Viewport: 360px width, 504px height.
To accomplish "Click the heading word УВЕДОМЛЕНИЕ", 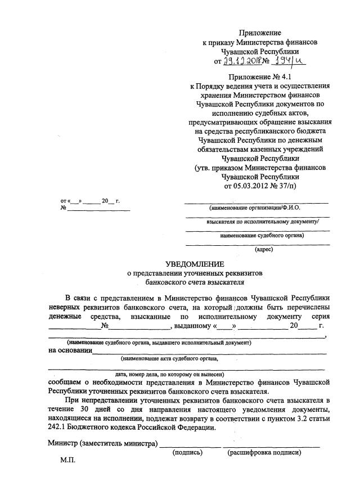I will click(194, 264).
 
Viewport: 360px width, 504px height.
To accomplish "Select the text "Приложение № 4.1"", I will click(259, 76).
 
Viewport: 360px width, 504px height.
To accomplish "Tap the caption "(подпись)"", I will click(188, 452).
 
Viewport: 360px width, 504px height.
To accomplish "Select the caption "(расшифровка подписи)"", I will click(264, 452).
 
